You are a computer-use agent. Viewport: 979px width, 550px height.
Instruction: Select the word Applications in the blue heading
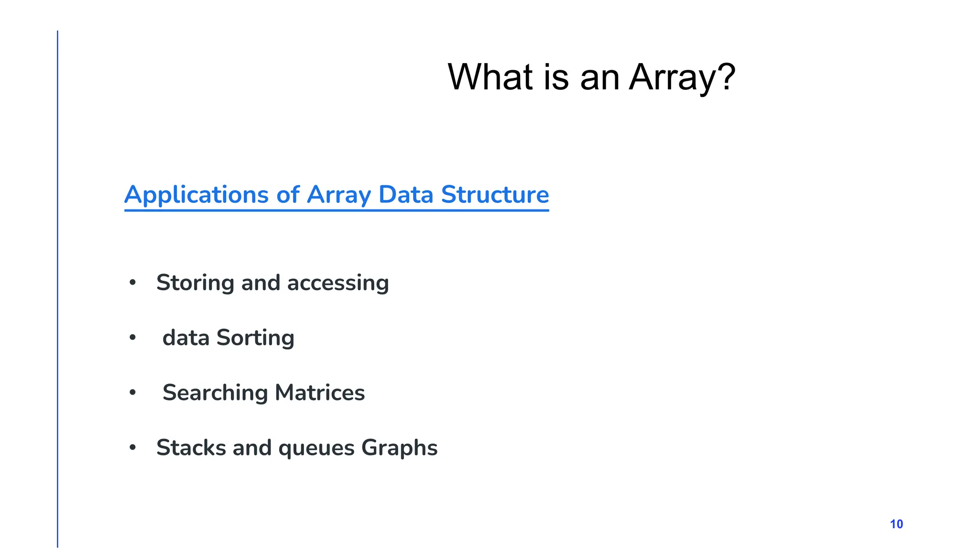tap(196, 195)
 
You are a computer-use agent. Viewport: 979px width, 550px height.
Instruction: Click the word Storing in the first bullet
tap(195, 283)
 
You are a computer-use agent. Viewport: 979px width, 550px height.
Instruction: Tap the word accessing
tap(337, 283)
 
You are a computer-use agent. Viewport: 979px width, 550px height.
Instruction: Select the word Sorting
tap(255, 338)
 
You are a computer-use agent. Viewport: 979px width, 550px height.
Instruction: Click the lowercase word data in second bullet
tap(186, 338)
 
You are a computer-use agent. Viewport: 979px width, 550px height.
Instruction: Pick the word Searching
tap(215, 393)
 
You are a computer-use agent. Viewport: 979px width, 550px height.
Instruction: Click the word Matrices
tap(320, 392)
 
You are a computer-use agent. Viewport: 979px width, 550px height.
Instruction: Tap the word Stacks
tap(191, 448)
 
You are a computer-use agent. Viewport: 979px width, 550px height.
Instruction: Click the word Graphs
tap(399, 448)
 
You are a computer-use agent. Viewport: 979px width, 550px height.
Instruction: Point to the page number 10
tap(896, 524)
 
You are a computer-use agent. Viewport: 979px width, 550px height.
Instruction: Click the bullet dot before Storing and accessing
tap(133, 283)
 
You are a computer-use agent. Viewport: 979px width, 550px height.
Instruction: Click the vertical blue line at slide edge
tap(57, 286)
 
